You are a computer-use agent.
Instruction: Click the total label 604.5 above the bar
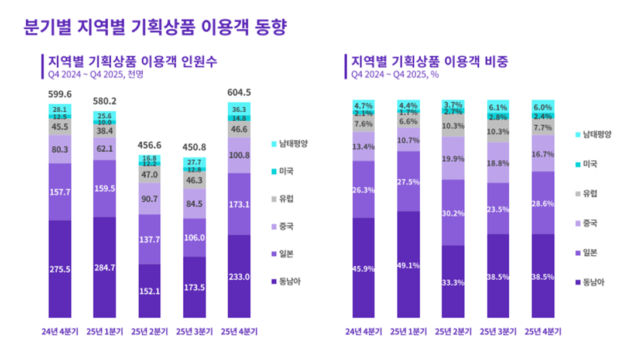pos(239,92)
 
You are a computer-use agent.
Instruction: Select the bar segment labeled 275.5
pos(60,269)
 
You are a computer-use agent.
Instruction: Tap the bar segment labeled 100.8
pos(239,155)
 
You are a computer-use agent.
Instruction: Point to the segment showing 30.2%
pos(454,212)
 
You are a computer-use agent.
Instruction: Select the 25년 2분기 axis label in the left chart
pos(149,331)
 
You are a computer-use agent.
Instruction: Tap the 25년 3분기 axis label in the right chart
pos(499,331)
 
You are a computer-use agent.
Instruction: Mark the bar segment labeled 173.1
pos(239,204)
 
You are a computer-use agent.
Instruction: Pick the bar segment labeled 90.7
pos(149,198)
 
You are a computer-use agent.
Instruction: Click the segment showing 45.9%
pos(364,268)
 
